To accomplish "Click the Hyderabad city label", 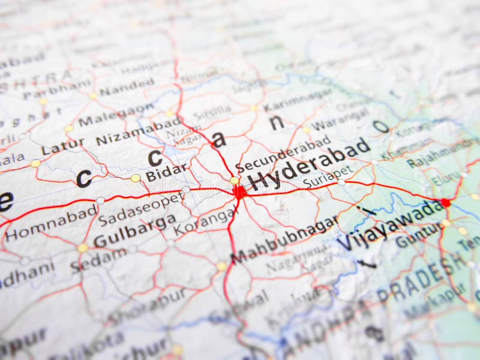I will [308, 164].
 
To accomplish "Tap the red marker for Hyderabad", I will [239, 191].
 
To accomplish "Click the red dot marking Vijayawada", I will [445, 203].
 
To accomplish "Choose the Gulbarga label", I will [134, 230].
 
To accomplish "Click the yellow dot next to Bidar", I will [136, 178].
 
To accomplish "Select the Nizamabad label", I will [138, 133].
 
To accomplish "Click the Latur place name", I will [63, 146].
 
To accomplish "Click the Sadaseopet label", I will [140, 209].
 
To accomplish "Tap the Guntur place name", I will [418, 236].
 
